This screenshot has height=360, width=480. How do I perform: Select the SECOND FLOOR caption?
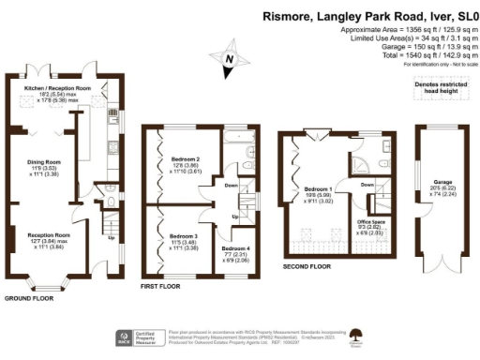[307, 267]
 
